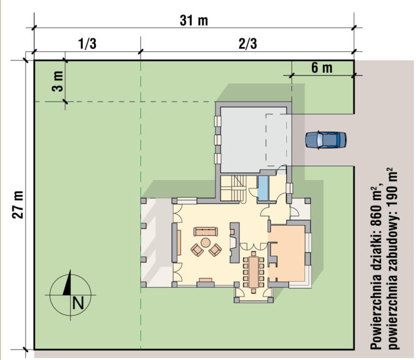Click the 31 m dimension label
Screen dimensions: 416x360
point(194,21)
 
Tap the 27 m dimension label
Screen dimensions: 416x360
point(18,204)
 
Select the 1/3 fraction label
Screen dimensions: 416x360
point(87,43)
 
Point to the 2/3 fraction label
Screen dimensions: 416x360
point(248,43)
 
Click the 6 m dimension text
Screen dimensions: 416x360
point(322,68)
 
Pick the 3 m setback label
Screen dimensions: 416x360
point(58,82)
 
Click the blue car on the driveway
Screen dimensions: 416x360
point(326,140)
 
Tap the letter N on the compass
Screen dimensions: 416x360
point(78,302)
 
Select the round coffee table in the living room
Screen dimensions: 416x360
point(205,242)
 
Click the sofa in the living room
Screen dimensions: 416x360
point(205,231)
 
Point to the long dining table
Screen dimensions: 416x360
point(254,272)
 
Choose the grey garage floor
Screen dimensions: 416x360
point(253,139)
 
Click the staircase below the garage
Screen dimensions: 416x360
point(234,188)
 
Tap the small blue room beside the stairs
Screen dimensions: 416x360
point(263,188)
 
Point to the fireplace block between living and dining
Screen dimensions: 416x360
point(234,243)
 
